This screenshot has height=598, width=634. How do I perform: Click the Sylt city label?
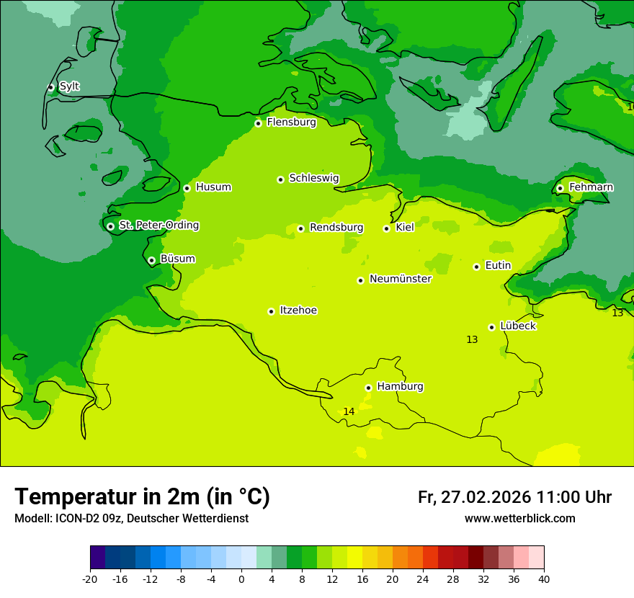(69, 86)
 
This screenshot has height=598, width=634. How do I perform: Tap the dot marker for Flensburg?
(258, 123)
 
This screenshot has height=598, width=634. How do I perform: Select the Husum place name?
(213, 187)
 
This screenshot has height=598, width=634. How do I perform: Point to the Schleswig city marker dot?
(280, 179)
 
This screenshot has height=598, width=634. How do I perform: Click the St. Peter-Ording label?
(158, 226)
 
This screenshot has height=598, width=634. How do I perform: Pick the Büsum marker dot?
(151, 260)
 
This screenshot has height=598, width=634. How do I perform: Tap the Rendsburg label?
(336, 228)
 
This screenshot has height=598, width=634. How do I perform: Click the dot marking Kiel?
(386, 228)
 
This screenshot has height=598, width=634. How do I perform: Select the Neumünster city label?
(401, 279)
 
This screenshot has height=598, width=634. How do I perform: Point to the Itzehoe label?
(298, 311)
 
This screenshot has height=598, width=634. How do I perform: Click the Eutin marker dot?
(476, 267)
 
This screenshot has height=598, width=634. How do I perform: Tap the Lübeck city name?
(518, 326)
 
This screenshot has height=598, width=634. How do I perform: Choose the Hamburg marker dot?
(368, 388)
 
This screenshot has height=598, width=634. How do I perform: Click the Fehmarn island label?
(591, 187)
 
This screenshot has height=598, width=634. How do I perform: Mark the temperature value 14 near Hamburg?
(349, 411)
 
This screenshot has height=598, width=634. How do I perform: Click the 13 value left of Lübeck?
(472, 339)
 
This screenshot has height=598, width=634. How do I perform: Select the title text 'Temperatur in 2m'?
(142, 496)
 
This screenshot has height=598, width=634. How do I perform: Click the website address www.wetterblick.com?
(519, 518)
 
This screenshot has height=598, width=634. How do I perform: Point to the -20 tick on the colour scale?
(90, 579)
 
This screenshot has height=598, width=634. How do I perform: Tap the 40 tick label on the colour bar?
(544, 579)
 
